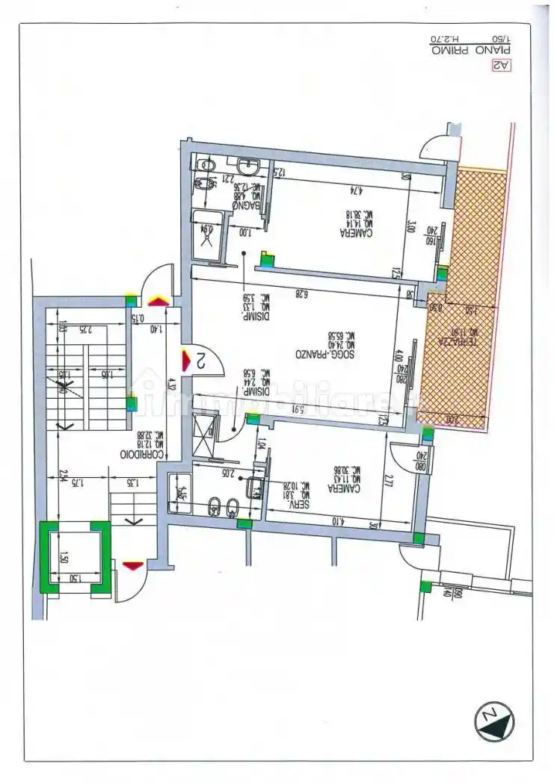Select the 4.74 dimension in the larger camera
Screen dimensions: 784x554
pos(333,190)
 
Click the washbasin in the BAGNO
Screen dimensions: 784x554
pos(247,165)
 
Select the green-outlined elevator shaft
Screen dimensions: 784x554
pos(75,558)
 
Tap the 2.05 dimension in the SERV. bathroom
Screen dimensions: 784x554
pos(227,472)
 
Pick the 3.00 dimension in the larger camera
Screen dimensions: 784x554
pos(410,226)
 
